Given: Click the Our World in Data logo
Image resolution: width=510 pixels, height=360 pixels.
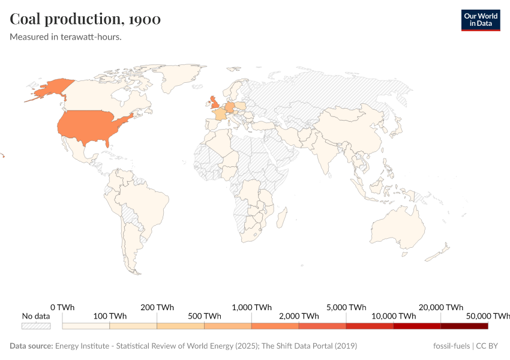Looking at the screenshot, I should pyautogui.click(x=480, y=20).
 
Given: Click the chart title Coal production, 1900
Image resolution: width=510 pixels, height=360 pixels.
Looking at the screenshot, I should pyautogui.click(x=85, y=19).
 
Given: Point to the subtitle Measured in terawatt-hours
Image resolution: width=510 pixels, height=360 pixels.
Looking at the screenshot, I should pyautogui.click(x=66, y=37).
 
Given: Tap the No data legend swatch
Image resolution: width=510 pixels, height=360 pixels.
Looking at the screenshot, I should pyautogui.click(x=36, y=326).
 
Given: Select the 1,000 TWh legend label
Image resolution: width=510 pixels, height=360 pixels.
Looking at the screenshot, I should pyautogui.click(x=251, y=307).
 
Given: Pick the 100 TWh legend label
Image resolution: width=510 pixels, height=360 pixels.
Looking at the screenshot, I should pyautogui.click(x=109, y=316).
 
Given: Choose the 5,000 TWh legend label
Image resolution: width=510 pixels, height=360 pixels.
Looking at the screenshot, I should pyautogui.click(x=346, y=307).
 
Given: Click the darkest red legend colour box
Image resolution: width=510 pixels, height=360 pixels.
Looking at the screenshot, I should pyautogui.click(x=464, y=326).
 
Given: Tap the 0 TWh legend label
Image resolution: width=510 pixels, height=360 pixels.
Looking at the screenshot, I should pyautogui.click(x=62, y=307).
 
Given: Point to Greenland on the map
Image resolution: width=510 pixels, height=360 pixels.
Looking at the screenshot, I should pyautogui.click(x=180, y=75).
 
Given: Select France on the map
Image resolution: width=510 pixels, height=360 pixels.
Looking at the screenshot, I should pyautogui.click(x=220, y=114).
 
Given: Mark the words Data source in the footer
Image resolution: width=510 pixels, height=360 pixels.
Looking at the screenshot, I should pyautogui.click(x=31, y=346).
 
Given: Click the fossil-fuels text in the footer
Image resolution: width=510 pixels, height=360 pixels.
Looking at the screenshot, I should pyautogui.click(x=452, y=346).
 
